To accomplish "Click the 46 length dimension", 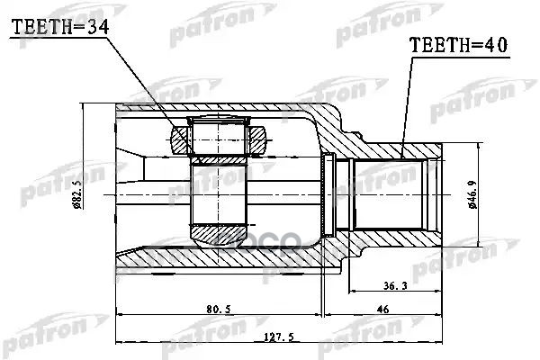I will (381, 309).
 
